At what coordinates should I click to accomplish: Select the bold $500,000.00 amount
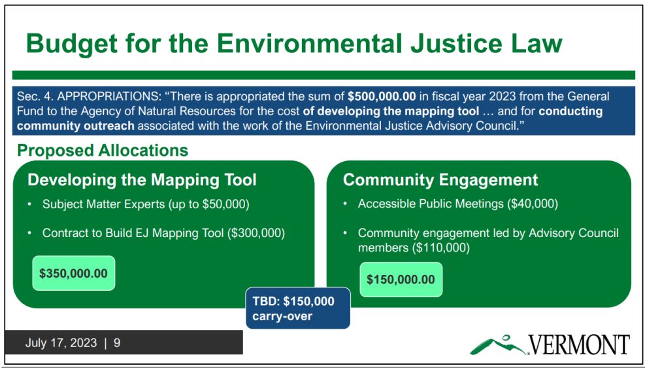tap(382, 98)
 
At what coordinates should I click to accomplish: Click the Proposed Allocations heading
tap(103, 151)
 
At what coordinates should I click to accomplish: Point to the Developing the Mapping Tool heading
tap(142, 180)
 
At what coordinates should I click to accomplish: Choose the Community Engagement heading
tap(440, 180)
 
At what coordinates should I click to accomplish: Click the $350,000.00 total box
tap(74, 273)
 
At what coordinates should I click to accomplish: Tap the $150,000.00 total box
tap(401, 280)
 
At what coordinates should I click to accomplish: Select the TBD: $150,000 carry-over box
tap(298, 308)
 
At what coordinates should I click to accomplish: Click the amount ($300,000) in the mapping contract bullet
tap(256, 233)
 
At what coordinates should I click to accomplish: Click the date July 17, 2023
tap(61, 343)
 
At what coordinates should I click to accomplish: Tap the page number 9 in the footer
tap(117, 343)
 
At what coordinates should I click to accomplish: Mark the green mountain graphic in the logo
tap(499, 345)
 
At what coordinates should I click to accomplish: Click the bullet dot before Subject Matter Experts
tap(30, 205)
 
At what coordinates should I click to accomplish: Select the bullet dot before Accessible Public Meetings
tap(346, 204)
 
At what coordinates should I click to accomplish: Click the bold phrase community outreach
tap(76, 125)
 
